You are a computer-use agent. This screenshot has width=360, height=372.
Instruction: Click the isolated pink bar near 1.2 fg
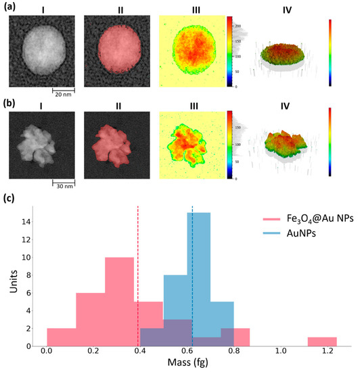tap(321, 341)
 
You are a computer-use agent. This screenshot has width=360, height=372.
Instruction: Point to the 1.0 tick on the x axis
tap(280, 354)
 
